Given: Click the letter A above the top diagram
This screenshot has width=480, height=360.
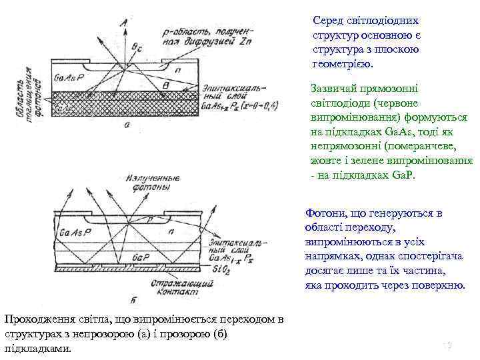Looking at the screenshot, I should click(123, 24).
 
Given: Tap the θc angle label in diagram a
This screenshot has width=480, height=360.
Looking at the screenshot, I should click(137, 47).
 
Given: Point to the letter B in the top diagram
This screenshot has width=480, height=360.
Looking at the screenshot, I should click(175, 87).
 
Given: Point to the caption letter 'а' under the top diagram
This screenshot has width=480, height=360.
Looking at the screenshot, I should click(127, 124).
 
